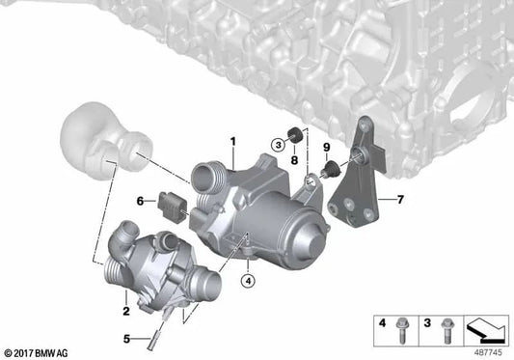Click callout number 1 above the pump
tap(232, 142)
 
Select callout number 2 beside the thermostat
tap(125, 285)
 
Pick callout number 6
tap(140, 201)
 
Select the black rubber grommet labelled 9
tap(333, 171)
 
